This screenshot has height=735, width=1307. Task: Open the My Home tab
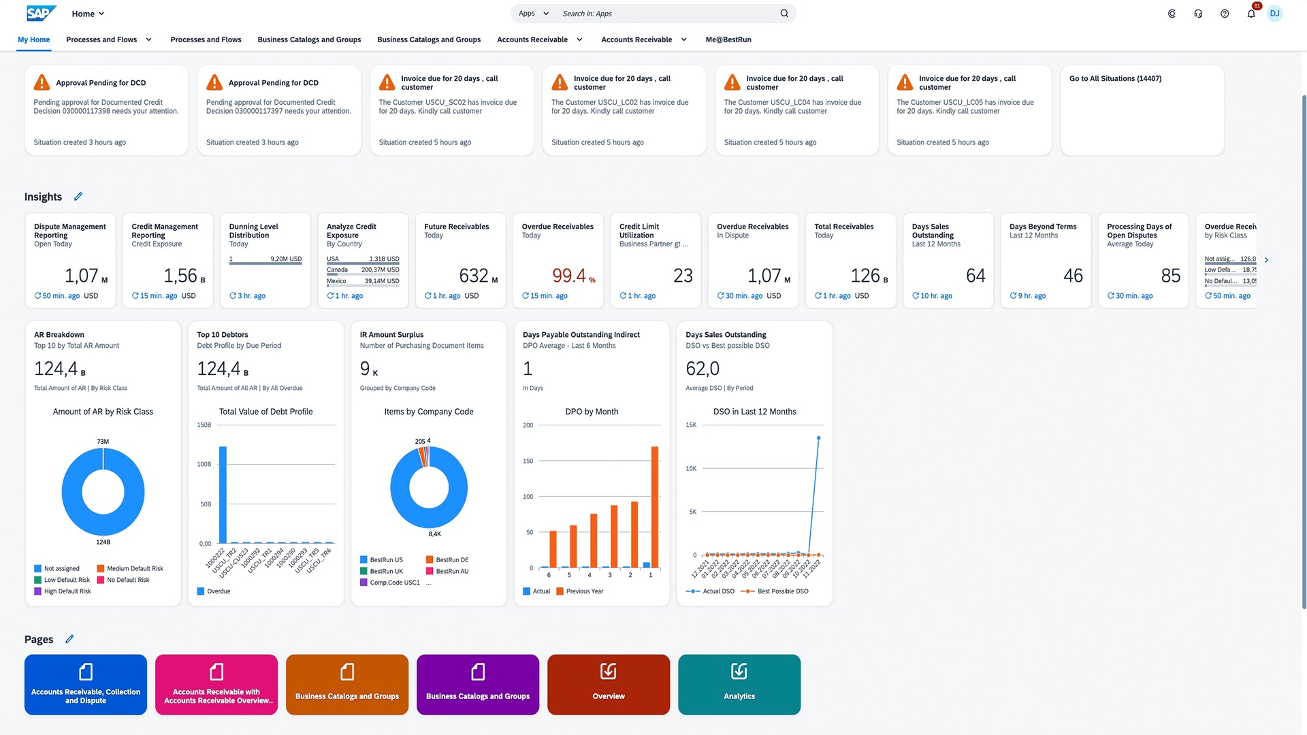(33, 39)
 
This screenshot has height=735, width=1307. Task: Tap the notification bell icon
(1250, 14)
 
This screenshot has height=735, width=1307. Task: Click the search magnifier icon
(784, 14)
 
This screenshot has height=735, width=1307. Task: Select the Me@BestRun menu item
(728, 39)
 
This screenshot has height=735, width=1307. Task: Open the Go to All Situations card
(1142, 110)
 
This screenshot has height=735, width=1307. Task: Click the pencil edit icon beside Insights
(78, 197)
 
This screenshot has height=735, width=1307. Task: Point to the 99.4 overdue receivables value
(569, 276)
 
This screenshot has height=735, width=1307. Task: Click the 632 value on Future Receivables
(474, 276)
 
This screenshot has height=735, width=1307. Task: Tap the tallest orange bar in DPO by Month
(655, 506)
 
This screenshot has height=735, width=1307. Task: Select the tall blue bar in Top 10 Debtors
(223, 494)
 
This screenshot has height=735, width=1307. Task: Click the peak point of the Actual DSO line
(818, 438)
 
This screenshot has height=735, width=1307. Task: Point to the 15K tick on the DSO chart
(691, 425)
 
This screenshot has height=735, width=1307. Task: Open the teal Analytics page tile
(739, 685)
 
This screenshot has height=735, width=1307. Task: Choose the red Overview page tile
(609, 685)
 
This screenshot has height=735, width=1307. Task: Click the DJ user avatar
(1274, 14)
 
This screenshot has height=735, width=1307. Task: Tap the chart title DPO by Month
(592, 412)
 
